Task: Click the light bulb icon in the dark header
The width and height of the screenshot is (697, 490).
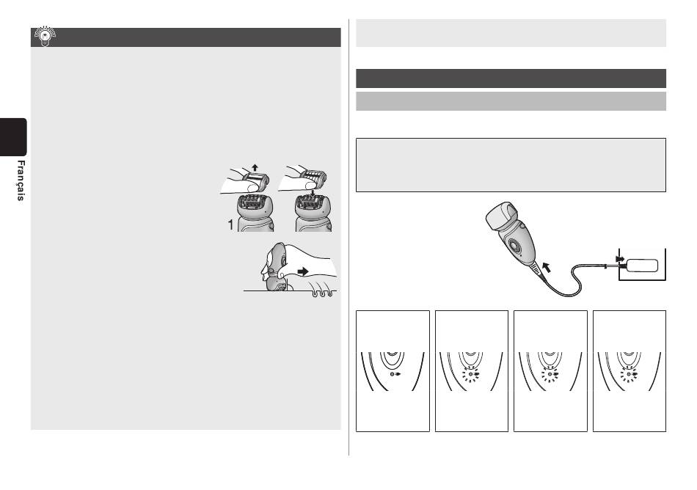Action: (x=45, y=37)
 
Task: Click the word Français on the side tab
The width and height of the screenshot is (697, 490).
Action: (x=21, y=180)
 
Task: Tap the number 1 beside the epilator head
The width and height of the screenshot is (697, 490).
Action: (x=230, y=225)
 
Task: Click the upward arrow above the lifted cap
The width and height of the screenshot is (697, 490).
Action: (x=255, y=168)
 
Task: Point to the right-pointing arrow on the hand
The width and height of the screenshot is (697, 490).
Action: (x=304, y=271)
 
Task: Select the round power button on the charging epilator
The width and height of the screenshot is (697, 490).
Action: (x=515, y=245)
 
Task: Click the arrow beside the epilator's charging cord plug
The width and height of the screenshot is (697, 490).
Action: (x=547, y=268)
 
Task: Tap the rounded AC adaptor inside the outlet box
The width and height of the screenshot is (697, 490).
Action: (x=641, y=266)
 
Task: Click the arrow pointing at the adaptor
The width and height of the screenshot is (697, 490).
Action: (x=620, y=259)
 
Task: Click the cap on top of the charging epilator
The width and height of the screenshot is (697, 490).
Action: (x=503, y=218)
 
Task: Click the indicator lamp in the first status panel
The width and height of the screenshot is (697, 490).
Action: (x=392, y=375)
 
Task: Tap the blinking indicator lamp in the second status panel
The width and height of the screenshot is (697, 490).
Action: (x=471, y=375)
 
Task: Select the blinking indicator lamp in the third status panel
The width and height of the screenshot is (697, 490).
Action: (x=550, y=375)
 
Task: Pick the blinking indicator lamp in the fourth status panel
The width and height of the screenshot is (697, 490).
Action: (x=629, y=375)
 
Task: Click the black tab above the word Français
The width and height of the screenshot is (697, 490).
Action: (x=13, y=137)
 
